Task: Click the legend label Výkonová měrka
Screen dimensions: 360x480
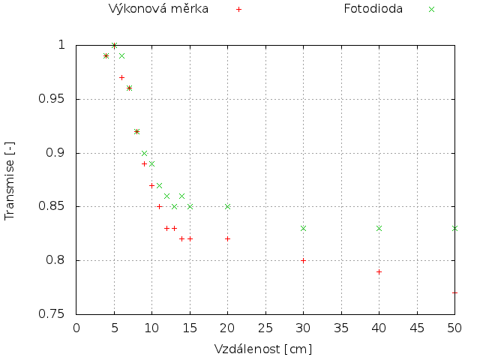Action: pyautogui.click(x=158, y=9)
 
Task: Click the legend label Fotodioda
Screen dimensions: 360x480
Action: pyautogui.click(x=373, y=9)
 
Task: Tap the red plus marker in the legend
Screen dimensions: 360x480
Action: pyautogui.click(x=238, y=10)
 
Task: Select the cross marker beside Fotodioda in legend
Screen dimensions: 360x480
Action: pyautogui.click(x=431, y=10)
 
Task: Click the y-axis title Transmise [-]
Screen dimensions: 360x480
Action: pyautogui.click(x=10, y=179)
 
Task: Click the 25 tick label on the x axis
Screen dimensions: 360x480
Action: pyautogui.click(x=265, y=328)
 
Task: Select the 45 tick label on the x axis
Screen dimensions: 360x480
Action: pyautogui.click(x=417, y=328)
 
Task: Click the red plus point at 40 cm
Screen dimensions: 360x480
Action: pyautogui.click(x=379, y=271)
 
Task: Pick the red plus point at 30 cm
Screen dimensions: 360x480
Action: pyautogui.click(x=303, y=261)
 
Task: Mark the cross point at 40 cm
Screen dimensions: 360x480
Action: pyautogui.click(x=379, y=228)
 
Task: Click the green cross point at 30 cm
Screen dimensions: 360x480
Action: pyautogui.click(x=303, y=228)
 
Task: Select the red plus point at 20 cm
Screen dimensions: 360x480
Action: pyautogui.click(x=227, y=238)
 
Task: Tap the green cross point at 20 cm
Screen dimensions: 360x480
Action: pyautogui.click(x=227, y=206)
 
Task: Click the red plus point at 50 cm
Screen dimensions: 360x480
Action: pyautogui.click(x=454, y=292)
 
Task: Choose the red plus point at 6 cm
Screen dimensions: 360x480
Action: pyautogui.click(x=121, y=77)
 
